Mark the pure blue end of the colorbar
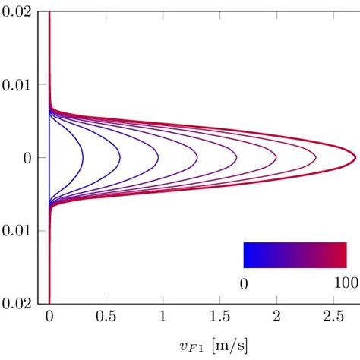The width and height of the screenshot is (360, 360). [x=245, y=255]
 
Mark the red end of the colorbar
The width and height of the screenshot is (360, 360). [x=345, y=255]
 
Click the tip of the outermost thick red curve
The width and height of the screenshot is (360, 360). [x=355, y=157]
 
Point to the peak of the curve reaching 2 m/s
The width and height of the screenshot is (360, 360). [x=276, y=159]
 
